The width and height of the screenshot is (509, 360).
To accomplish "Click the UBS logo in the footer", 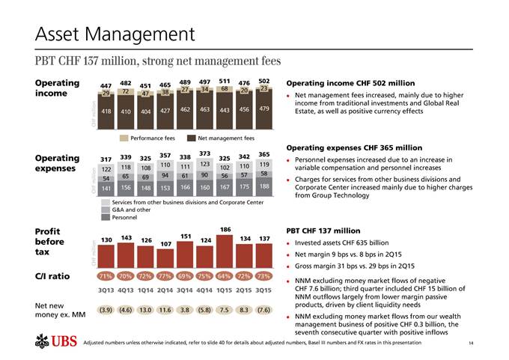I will coord(56,344).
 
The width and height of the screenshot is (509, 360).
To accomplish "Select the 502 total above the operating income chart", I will coord(263,81).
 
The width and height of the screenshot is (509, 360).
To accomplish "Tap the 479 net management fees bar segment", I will coord(263,109).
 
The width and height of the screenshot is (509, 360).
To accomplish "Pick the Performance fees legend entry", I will coord(147,138).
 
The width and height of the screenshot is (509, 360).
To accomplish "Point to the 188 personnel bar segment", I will coord(263,187).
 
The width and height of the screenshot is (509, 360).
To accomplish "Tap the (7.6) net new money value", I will coord(263,309).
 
